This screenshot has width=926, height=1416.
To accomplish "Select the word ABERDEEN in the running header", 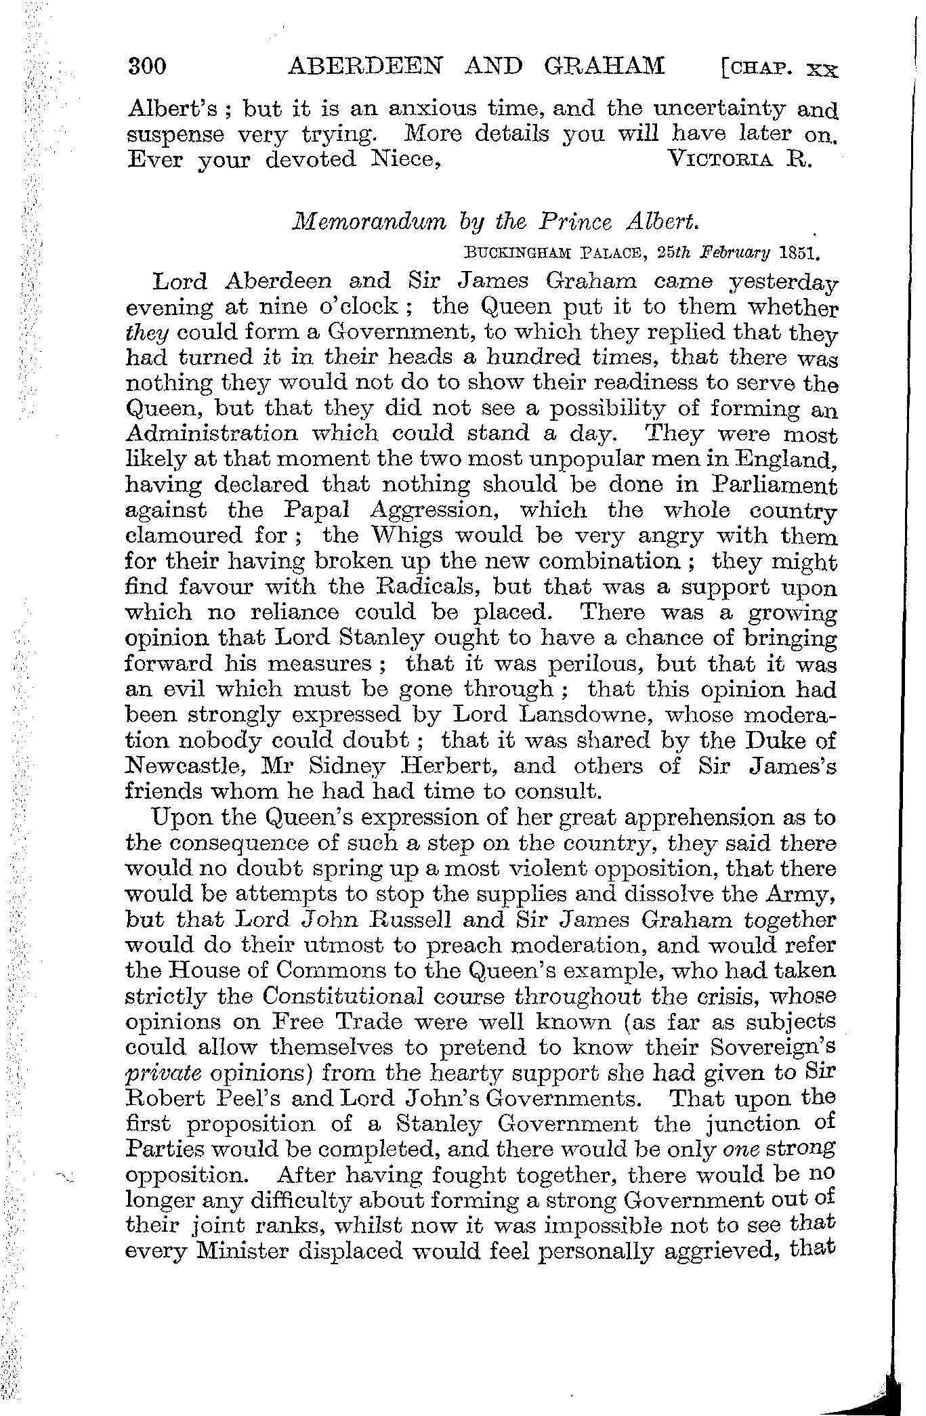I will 366,66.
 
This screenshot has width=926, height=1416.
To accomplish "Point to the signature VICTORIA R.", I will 739,160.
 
